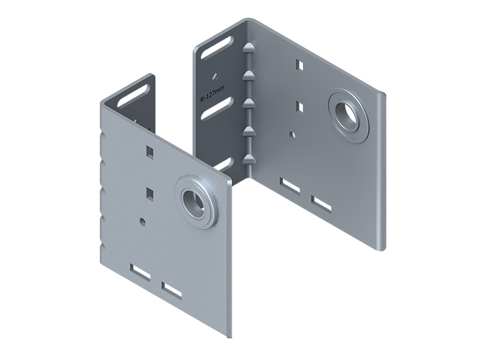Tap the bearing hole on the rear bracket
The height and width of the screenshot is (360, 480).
(348, 115)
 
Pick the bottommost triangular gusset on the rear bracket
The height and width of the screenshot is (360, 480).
(247, 159)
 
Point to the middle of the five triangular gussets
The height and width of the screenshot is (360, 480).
(247, 103)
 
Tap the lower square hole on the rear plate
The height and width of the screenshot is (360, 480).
(301, 107)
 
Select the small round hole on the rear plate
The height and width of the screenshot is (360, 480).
(292, 134)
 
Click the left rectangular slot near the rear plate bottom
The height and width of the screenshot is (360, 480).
(290, 186)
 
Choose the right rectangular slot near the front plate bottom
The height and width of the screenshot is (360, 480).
(172, 290)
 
